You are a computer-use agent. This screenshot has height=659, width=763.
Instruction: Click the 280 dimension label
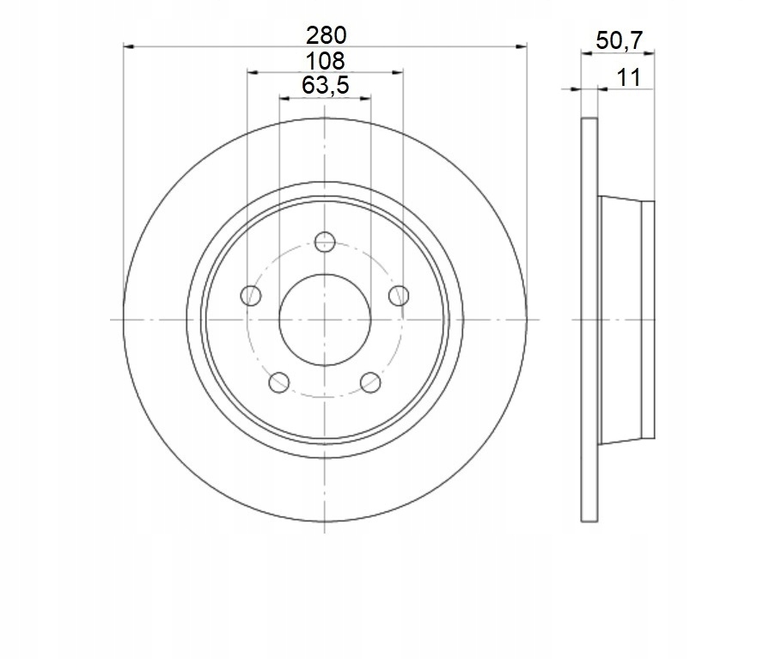coord(327,35)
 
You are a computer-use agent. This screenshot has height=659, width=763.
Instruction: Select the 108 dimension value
coord(325,61)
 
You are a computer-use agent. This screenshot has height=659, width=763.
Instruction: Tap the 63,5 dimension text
coord(326,86)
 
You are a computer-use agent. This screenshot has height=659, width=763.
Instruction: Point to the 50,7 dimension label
coord(620,40)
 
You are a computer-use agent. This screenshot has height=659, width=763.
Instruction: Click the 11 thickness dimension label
coord(629,78)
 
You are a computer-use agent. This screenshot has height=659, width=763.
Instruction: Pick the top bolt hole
coord(325,242)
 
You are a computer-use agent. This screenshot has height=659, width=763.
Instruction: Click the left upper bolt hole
coord(251,296)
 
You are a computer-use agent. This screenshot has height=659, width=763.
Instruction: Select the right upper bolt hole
coord(399,296)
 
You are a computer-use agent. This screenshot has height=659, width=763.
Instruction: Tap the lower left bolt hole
coord(279,382)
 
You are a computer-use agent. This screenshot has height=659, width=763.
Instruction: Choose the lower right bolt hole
coord(370,382)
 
